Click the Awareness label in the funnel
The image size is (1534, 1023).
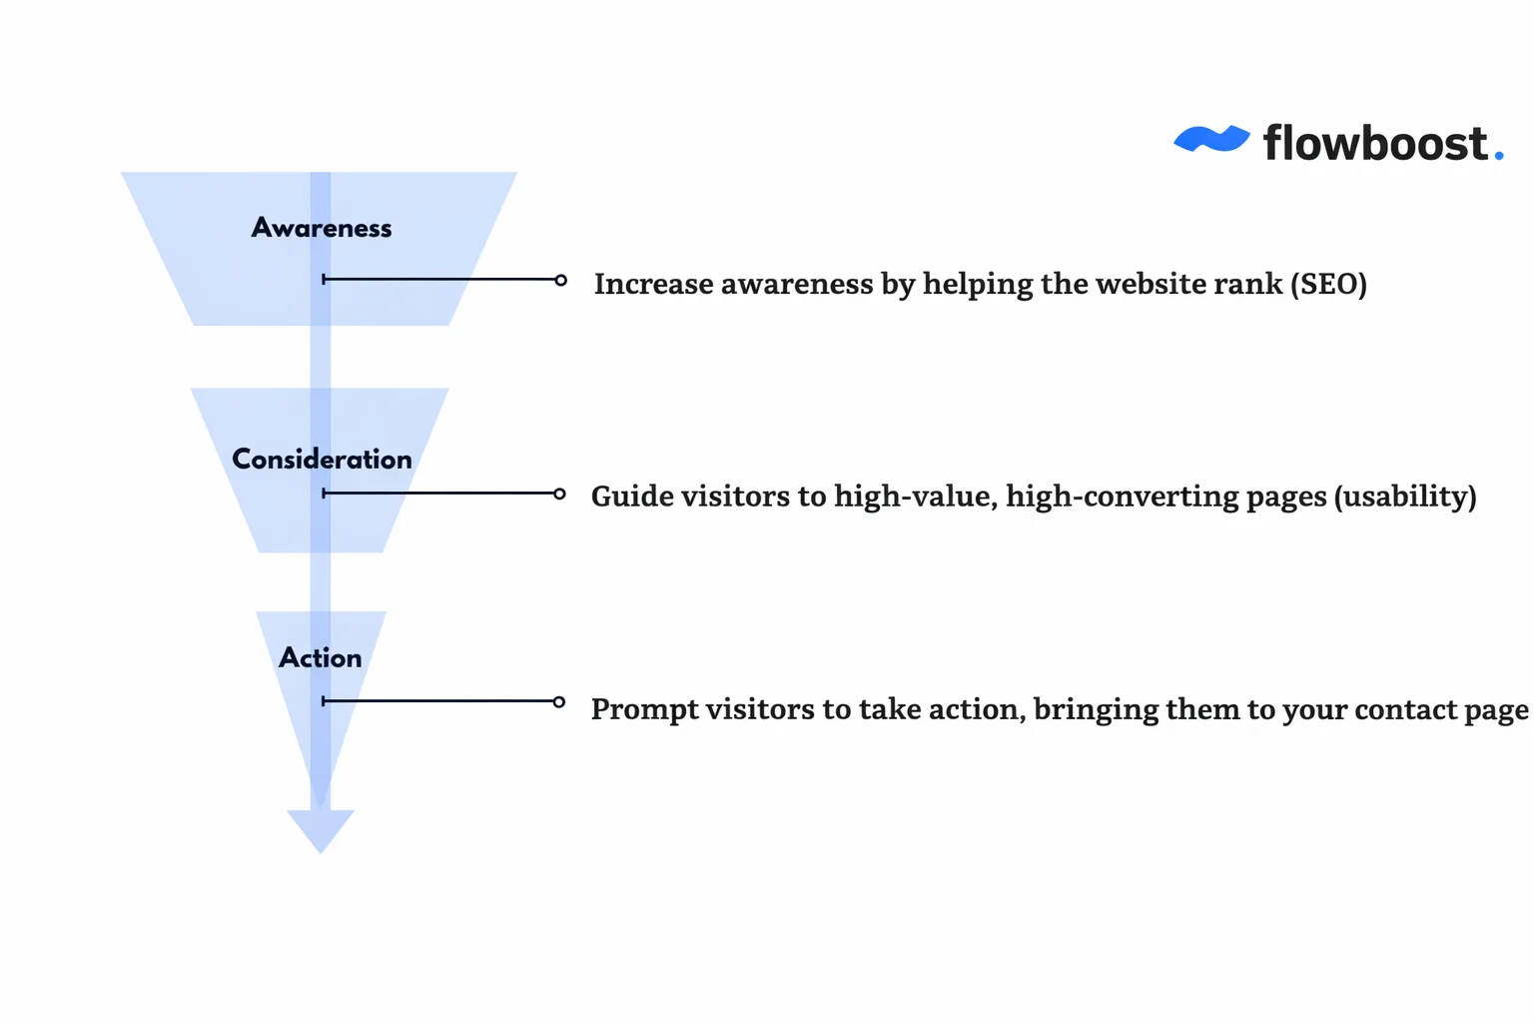[321, 228]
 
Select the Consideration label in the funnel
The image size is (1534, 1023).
[322, 459]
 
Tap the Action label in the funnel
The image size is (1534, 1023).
[320, 657]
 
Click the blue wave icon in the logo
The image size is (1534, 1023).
[1210, 140]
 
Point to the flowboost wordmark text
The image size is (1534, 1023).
[1375, 143]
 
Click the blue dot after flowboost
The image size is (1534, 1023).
[1498, 155]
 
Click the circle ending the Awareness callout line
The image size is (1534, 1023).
[561, 280]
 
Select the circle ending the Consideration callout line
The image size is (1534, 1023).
[560, 494]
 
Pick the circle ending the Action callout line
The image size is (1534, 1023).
[559, 702]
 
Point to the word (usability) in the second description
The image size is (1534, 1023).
[1405, 497]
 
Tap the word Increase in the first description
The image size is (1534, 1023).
[653, 285]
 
